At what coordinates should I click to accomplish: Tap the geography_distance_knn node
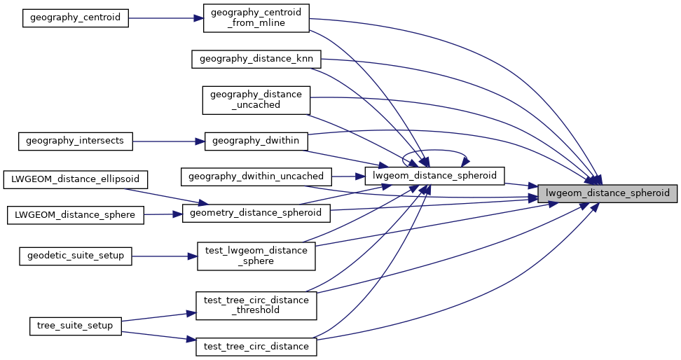(x=256, y=59)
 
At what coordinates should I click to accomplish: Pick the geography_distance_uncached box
(x=256, y=99)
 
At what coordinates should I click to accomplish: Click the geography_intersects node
(x=75, y=141)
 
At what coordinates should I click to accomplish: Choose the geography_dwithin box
(x=256, y=141)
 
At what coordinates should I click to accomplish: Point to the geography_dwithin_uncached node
(x=256, y=176)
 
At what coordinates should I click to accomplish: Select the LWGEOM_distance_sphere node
(x=75, y=214)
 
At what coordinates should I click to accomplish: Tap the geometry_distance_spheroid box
(x=256, y=213)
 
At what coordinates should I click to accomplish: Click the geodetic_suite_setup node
(x=75, y=256)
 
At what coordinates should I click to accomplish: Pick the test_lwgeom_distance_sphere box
(x=256, y=256)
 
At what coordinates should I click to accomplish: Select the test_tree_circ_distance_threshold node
(x=256, y=305)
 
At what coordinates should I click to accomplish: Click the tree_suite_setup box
(x=75, y=326)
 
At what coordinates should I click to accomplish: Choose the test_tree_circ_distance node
(x=256, y=346)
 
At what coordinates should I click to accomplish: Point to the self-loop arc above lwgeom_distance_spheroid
(x=434, y=150)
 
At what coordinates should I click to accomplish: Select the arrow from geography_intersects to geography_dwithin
(x=168, y=141)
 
